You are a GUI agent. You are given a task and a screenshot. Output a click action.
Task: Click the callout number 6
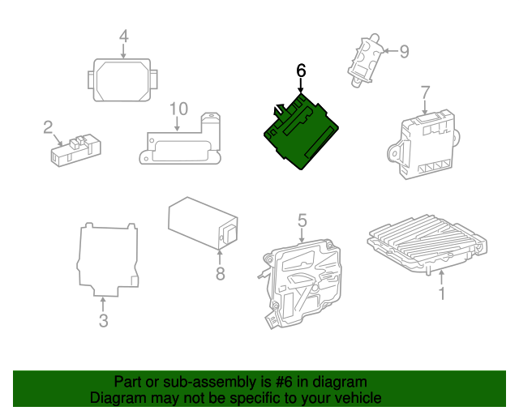pyautogui.click(x=301, y=71)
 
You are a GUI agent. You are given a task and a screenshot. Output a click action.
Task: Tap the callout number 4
pyautogui.click(x=123, y=36)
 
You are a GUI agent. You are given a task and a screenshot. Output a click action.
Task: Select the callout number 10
pyautogui.click(x=178, y=109)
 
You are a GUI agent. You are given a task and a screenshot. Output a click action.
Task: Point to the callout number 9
pyautogui.click(x=404, y=52)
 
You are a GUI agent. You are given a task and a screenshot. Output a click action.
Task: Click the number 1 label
pyautogui.click(x=441, y=293)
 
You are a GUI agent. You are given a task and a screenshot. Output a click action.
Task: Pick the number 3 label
pyautogui.click(x=103, y=321)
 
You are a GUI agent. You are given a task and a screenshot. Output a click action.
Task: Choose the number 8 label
pyautogui.click(x=220, y=274)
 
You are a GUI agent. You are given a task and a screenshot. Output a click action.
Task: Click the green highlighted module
pyautogui.click(x=301, y=132)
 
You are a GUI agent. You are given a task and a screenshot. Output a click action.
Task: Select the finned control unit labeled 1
pyautogui.click(x=427, y=244)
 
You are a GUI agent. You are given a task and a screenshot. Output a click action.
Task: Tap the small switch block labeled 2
pyautogui.click(x=75, y=150)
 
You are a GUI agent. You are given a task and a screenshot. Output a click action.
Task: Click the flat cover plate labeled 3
pyautogui.click(x=108, y=259)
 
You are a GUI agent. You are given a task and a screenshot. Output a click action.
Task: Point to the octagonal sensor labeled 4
pyautogui.click(x=122, y=79)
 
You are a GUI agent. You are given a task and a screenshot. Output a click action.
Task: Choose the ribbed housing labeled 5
pyautogui.click(x=299, y=283)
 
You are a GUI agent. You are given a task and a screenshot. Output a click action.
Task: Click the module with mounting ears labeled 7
pyautogui.click(x=423, y=144)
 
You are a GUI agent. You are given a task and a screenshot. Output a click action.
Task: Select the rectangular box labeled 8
pyautogui.click(x=203, y=224)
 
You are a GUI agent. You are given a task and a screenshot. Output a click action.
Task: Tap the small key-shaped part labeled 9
pyautogui.click(x=365, y=60)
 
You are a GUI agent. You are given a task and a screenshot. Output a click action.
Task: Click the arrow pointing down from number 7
pyautogui.click(x=425, y=107)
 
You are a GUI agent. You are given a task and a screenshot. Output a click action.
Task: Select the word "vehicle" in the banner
pyautogui.click(x=361, y=398)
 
